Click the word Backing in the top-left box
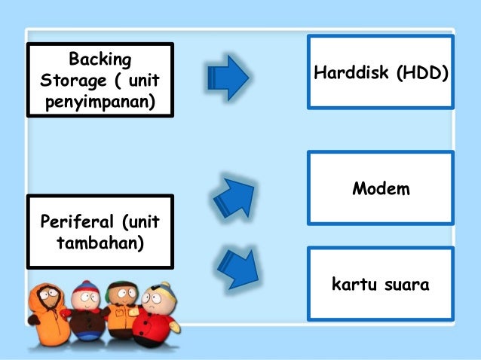pos(100,59)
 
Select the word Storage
pos(69,79)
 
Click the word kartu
pos(354,285)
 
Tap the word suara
pos(406,285)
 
